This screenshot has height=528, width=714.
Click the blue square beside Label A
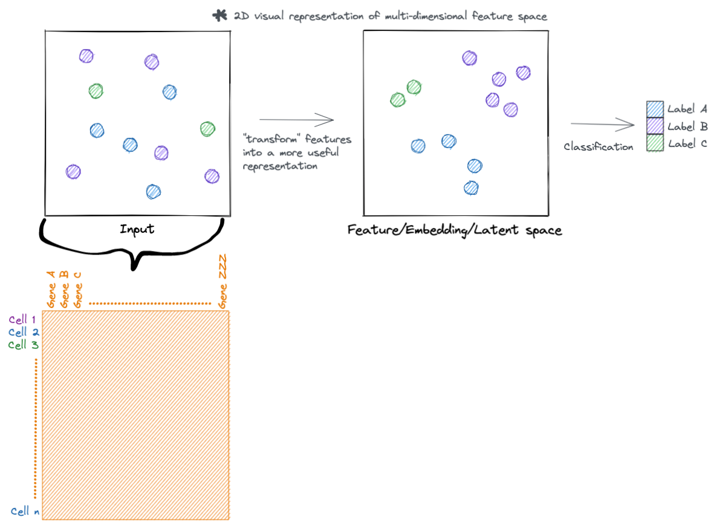655,109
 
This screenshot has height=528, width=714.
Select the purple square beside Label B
655,126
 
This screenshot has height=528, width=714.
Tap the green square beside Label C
655,143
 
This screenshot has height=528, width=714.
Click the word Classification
598,147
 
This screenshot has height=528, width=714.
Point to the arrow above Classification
602,125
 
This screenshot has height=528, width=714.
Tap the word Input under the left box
137,229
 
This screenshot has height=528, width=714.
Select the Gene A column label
52,289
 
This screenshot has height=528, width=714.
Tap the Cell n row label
25,512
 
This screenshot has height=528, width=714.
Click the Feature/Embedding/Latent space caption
455,230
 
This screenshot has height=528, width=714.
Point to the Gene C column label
77,290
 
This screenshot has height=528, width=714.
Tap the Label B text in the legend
687,126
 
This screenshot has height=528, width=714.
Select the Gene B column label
65,289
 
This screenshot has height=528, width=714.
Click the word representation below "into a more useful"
280,166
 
